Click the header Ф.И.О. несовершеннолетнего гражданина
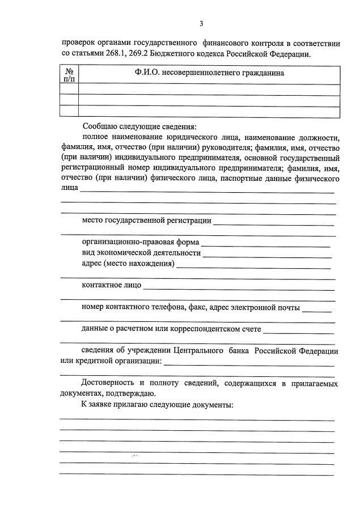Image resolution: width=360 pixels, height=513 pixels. (x=209, y=73)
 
